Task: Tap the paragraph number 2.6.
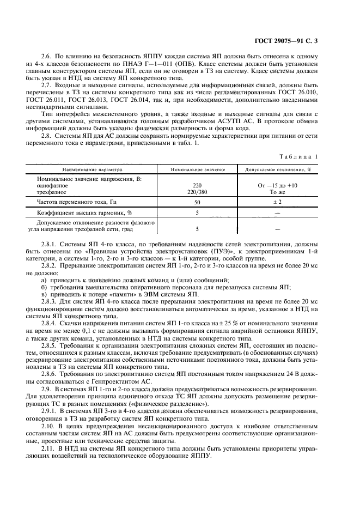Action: (x=46, y=57)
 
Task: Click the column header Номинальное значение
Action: (x=197, y=169)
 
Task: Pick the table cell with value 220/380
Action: (x=197, y=192)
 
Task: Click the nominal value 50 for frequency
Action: (x=197, y=202)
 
